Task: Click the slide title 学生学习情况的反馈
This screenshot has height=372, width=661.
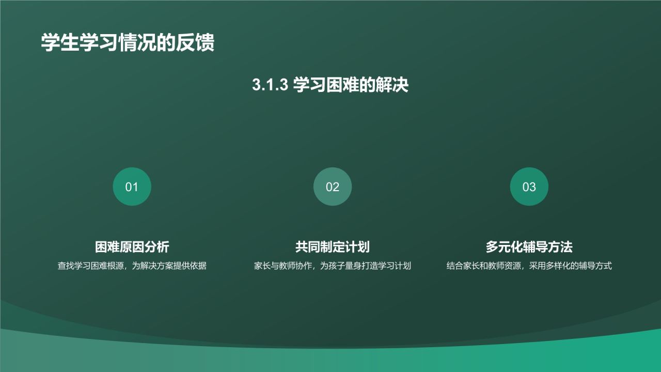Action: [x=128, y=43]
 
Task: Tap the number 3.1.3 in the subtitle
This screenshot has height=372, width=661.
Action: [x=269, y=85]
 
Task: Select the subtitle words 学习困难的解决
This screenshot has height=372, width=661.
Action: [x=351, y=85]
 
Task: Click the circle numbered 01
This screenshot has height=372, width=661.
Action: [x=132, y=187]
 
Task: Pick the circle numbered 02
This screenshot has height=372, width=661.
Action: [x=333, y=187]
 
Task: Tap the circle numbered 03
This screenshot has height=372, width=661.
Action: [x=529, y=187]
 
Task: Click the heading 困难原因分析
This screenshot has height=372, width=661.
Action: [x=132, y=247]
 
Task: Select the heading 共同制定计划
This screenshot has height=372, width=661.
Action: [x=332, y=247]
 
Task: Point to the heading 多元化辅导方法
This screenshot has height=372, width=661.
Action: [x=529, y=247]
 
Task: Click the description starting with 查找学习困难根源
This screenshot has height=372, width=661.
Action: [x=132, y=266]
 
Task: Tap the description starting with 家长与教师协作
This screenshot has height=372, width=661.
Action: [x=332, y=266]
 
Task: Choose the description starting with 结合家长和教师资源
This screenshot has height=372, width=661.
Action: [x=529, y=266]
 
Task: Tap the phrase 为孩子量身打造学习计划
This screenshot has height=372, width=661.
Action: [x=366, y=266]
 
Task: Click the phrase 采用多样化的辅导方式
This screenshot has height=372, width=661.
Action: [x=570, y=266]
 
